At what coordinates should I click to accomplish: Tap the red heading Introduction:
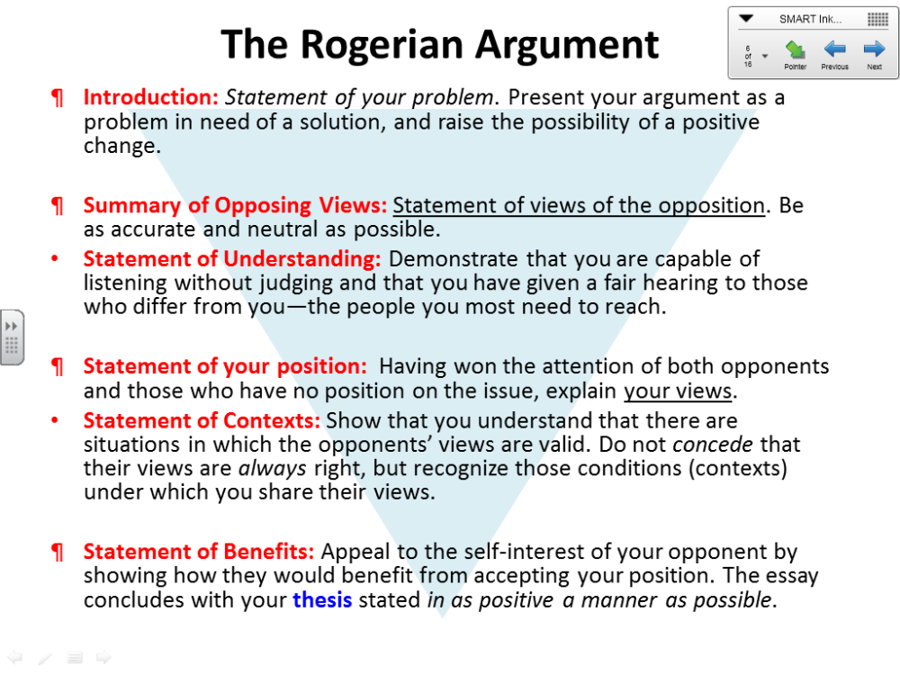point(151,97)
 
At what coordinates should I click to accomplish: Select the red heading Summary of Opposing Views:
point(235,205)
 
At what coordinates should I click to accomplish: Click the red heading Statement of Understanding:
point(232,259)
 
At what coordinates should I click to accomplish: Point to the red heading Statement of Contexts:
point(202,420)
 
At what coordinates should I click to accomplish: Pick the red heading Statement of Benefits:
point(199,552)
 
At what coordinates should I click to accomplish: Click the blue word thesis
point(322,599)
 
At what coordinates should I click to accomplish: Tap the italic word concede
point(712,445)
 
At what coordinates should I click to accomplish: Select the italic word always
point(272,469)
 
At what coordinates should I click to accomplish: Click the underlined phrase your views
point(678,391)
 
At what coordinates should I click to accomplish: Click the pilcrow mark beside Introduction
point(58,98)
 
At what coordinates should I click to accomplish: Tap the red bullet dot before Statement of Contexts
point(55,420)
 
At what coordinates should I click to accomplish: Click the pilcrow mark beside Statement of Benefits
point(58,553)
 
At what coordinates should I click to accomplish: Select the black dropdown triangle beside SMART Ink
point(745,19)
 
